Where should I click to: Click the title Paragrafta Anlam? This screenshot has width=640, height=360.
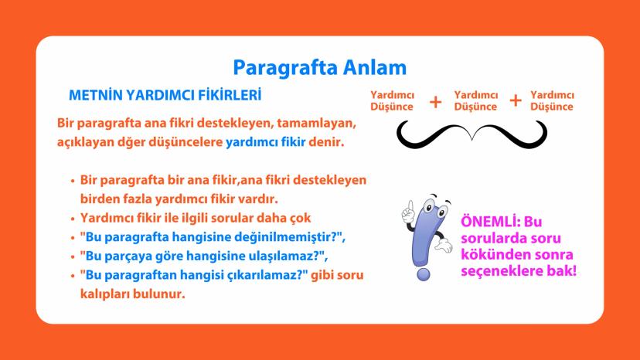pyautogui.click(x=319, y=67)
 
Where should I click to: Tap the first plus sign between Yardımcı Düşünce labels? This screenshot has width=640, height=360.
pyautogui.click(x=435, y=101)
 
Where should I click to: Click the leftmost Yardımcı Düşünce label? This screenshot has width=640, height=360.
pyautogui.click(x=392, y=100)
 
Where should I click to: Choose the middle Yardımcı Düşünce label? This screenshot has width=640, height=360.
pyautogui.click(x=475, y=100)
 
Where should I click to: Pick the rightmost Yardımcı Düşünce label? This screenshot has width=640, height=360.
pyautogui.click(x=552, y=100)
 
